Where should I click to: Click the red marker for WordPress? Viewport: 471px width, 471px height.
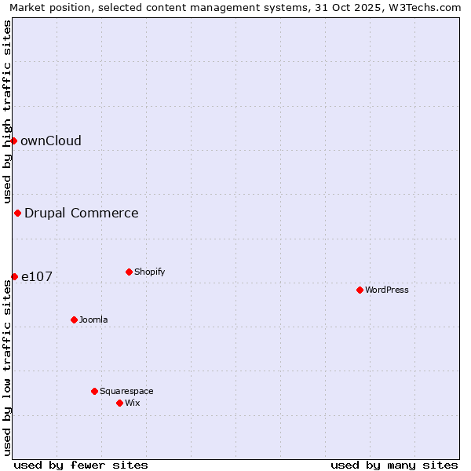tap(360, 290)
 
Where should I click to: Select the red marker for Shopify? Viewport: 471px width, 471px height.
tap(129, 272)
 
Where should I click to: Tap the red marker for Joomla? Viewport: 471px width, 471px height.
tap(74, 319)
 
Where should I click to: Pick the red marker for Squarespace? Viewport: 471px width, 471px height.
tap(94, 391)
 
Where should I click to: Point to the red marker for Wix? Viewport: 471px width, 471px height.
tap(119, 403)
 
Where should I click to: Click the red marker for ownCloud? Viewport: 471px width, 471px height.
tap(13, 141)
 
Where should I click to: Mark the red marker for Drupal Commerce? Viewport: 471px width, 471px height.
tap(17, 213)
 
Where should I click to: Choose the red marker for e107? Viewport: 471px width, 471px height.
tap(14, 276)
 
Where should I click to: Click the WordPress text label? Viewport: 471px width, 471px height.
tap(387, 290)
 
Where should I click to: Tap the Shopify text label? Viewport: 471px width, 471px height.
tap(149, 272)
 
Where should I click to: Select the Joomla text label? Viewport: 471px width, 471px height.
tap(93, 319)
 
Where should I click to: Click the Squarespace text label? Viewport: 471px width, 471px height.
tap(126, 391)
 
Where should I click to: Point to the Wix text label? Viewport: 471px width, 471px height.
tap(132, 403)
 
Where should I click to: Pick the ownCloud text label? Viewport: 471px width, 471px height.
tap(51, 141)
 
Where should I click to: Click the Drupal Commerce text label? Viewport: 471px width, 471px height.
tap(82, 213)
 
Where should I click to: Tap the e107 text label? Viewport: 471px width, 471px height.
tap(37, 276)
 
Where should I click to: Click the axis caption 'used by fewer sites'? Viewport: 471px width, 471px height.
tap(81, 465)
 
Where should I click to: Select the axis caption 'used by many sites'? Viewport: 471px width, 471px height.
tap(394, 465)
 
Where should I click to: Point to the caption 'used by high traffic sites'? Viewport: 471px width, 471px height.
tap(8, 111)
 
